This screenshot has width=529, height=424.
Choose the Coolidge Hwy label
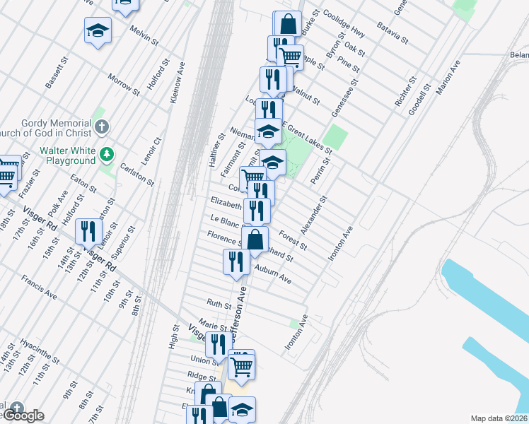[343, 24]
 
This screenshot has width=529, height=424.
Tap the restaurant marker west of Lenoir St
[88, 230]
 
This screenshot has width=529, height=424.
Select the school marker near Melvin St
[98, 30]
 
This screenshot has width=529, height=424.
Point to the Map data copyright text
[498, 418]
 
